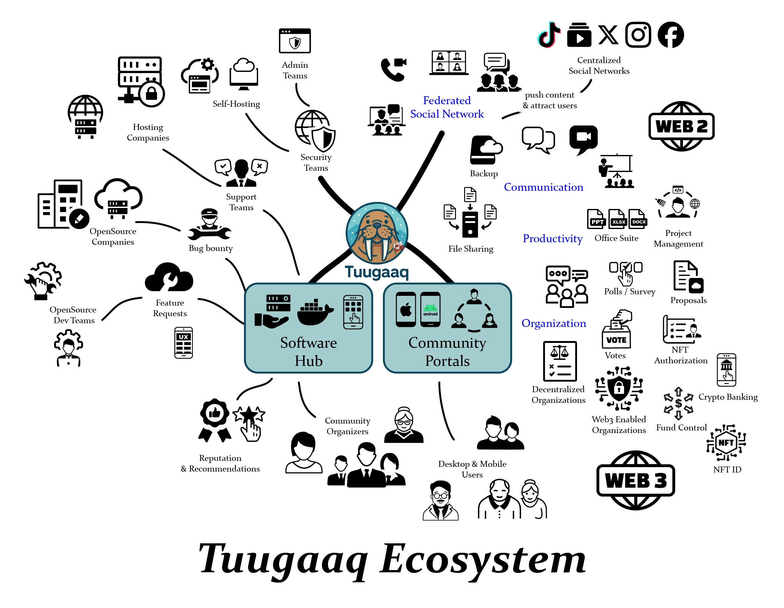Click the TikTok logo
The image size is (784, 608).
[548, 35]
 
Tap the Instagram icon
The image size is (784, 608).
[638, 35]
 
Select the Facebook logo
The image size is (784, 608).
[670, 35]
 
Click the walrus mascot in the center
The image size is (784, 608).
[377, 233]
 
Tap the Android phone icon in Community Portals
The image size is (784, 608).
[430, 310]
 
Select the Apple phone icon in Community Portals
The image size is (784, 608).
[405, 310]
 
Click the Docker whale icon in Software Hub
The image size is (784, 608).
[315, 312]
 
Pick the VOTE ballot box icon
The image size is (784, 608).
[616, 330]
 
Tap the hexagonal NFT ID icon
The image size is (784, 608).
[726, 442]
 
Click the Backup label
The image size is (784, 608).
[484, 173]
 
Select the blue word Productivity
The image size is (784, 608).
[552, 238]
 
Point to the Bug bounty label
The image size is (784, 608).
[211, 248]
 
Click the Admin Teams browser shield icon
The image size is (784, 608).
[295, 41]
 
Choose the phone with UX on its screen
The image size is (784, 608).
[183, 343]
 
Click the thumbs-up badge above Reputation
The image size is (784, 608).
[215, 413]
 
